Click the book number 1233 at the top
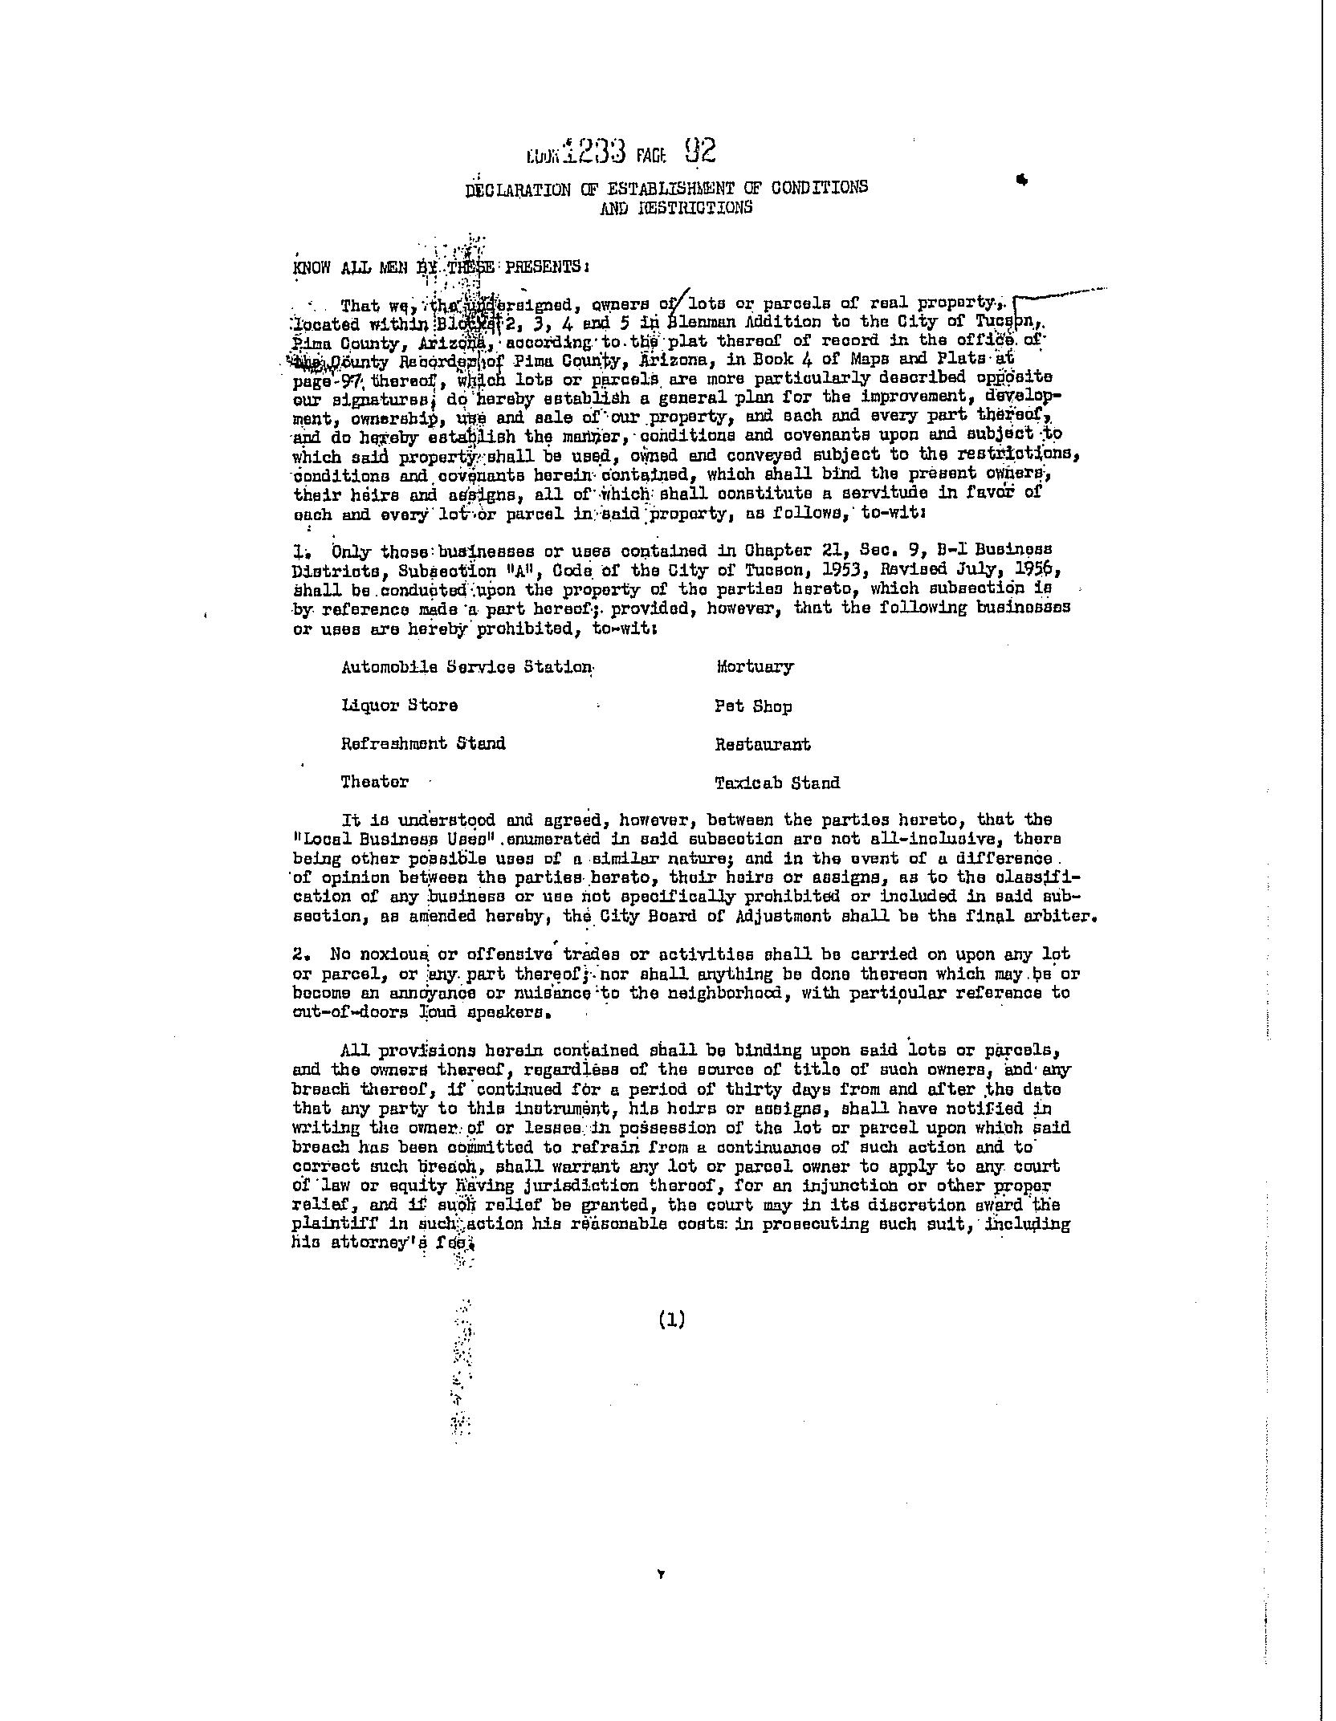(593, 153)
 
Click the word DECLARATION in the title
(518, 189)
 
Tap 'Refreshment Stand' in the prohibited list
(423, 743)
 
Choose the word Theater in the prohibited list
(374, 782)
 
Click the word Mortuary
(754, 667)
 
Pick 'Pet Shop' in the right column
(753, 706)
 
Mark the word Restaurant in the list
(763, 745)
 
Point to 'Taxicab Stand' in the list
(777, 783)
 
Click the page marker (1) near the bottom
(670, 1319)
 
